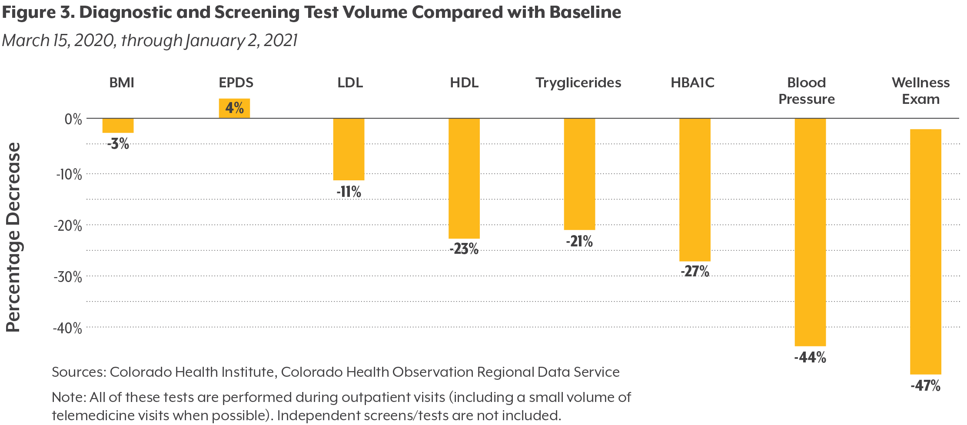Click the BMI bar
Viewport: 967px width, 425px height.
(x=118, y=126)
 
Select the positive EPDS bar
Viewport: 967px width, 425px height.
(x=234, y=108)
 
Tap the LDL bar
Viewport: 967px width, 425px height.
(x=349, y=149)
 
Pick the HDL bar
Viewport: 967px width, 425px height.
(x=464, y=178)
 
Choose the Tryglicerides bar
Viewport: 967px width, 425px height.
(x=579, y=174)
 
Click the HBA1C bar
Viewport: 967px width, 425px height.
(x=695, y=189)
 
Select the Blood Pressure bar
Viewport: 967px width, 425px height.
(x=810, y=232)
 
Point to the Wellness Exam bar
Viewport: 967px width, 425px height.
(x=925, y=252)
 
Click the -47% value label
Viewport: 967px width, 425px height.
(x=925, y=386)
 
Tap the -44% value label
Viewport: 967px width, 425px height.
(x=810, y=358)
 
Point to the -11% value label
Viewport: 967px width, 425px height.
(x=349, y=192)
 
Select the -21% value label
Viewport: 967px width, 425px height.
(x=579, y=241)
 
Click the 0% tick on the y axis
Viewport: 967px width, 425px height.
(x=73, y=119)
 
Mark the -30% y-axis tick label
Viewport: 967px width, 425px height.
(x=68, y=277)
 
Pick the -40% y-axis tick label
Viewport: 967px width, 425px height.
(x=67, y=328)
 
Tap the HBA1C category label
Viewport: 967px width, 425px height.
(x=692, y=83)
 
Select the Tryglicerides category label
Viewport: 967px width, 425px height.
(x=578, y=83)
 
